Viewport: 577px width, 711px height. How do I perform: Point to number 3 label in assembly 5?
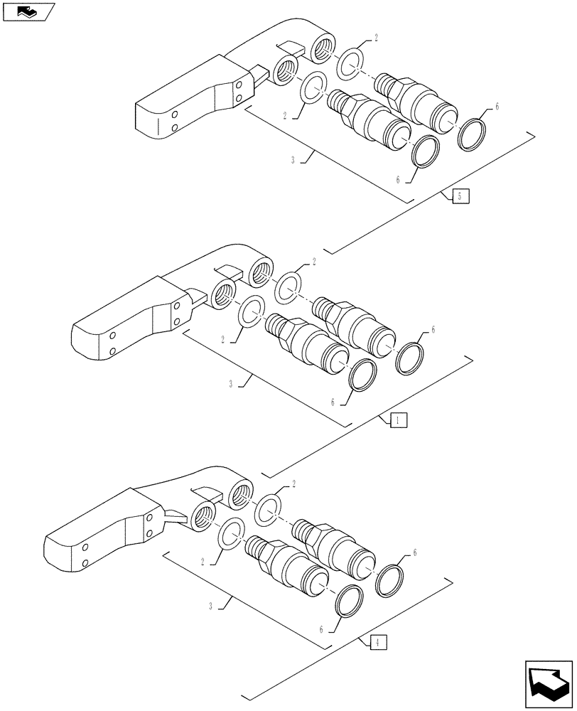point(293,161)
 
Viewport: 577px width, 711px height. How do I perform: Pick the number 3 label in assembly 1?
point(232,383)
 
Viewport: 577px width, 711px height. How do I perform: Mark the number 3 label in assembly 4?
point(212,605)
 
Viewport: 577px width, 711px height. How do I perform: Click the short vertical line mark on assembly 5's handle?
point(158,128)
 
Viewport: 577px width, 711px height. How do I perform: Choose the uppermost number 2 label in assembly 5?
point(376,39)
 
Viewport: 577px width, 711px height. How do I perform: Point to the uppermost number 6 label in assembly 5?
point(497,107)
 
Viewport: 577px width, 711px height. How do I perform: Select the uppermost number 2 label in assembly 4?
point(294,484)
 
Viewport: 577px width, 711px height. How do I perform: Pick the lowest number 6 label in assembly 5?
point(399,181)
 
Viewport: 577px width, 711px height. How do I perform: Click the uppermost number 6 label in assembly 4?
point(414,552)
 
